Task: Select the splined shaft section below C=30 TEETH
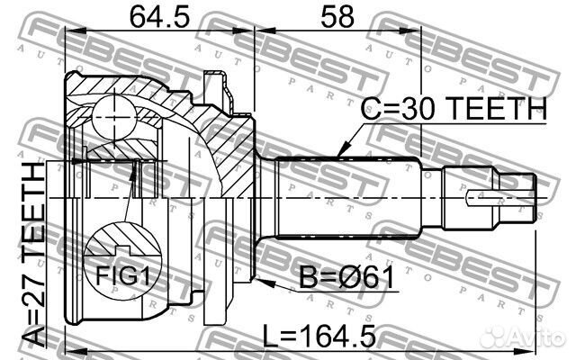(x=346, y=193)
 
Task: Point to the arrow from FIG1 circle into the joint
(x=132, y=193)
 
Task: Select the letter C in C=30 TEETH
(x=371, y=110)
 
